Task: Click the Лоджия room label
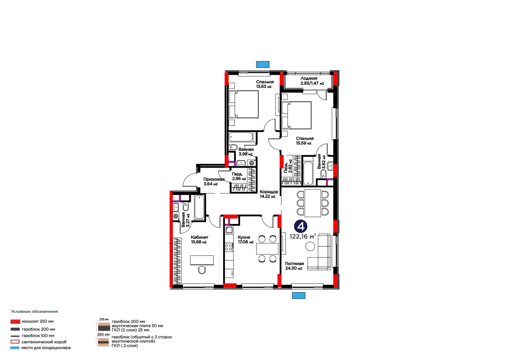(309, 78)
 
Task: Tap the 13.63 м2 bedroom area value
(264, 86)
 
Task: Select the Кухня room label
(244, 237)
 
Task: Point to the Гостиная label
(295, 264)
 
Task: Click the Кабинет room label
(199, 237)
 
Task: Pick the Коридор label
(269, 192)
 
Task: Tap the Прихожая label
(214, 179)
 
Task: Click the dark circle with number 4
(301, 226)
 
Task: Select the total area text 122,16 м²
(303, 236)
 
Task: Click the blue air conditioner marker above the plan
(263, 64)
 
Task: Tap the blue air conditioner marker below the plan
(299, 295)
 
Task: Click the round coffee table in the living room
(310, 246)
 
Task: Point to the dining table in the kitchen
(267, 249)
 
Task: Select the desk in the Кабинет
(202, 260)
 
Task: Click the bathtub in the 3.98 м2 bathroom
(241, 137)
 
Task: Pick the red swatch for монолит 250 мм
(15, 321)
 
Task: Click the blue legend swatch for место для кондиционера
(15, 348)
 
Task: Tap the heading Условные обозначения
(35, 312)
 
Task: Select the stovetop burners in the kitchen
(229, 247)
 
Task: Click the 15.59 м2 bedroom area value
(303, 143)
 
